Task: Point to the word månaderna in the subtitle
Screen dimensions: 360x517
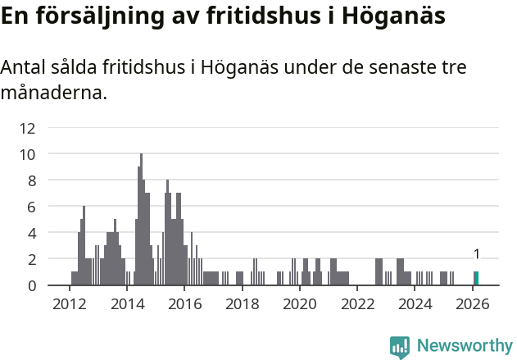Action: coord(54,93)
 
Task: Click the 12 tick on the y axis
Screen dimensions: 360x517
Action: coord(28,128)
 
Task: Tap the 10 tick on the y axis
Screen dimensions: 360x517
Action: coord(28,154)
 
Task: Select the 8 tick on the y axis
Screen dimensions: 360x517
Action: coord(31,180)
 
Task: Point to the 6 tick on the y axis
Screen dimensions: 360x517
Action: coord(31,207)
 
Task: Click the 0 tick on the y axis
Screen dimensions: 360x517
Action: coord(31,285)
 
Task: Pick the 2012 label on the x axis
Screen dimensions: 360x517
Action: coord(70,303)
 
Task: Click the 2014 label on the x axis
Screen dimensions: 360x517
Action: coord(127,303)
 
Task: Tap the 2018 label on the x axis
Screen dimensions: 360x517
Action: coord(242,303)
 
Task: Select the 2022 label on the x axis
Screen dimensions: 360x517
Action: coord(357,303)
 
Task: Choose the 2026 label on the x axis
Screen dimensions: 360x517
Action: coord(472,303)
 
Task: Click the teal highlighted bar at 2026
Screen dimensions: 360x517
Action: coord(477,279)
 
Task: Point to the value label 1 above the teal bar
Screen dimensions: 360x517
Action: coord(477,255)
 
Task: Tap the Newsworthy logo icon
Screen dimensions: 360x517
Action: coord(400,346)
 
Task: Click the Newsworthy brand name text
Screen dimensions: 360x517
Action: coord(465,346)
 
